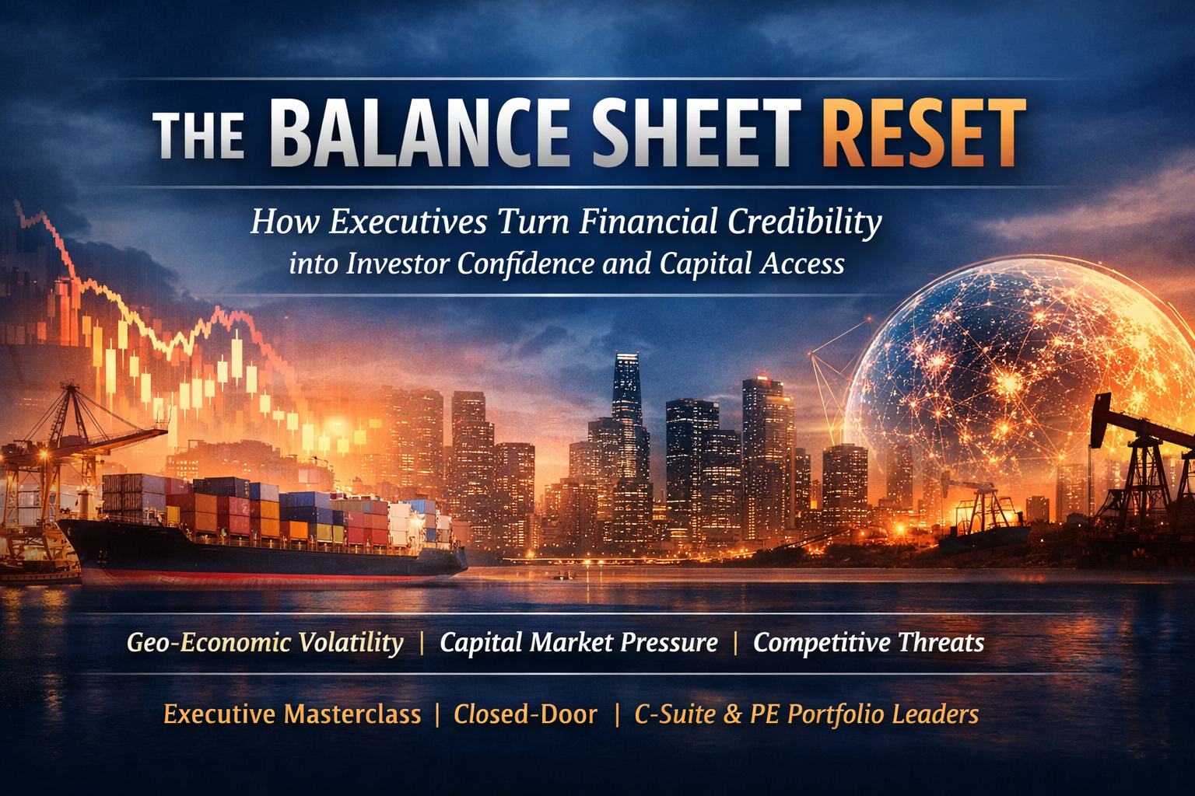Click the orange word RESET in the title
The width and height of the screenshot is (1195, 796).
coord(923,132)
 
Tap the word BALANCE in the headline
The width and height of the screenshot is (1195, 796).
coord(420,132)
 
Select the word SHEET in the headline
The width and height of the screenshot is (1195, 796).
coord(697,132)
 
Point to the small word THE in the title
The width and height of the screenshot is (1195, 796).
coord(198,135)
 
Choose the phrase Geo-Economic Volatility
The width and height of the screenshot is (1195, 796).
coord(265,642)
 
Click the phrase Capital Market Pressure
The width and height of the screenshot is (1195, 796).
coord(579,642)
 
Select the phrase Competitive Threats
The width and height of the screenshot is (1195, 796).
coord(868,642)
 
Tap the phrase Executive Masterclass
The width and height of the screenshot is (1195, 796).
coord(293,714)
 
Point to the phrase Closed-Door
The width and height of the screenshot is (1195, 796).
coord(525,714)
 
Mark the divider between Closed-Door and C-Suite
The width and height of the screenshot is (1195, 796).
coord(617,715)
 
